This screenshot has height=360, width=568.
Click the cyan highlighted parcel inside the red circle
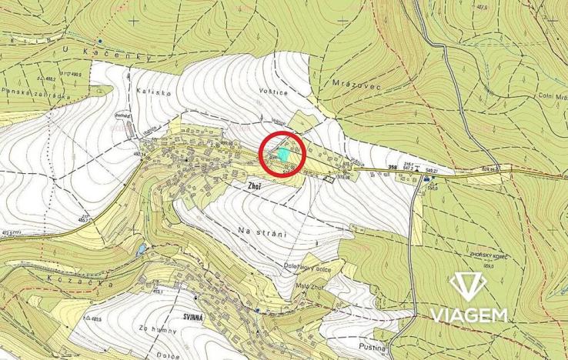pyautogui.click(x=285, y=154)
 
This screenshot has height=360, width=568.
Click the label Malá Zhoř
pyautogui.click(x=310, y=287)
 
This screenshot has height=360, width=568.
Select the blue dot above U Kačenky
pyautogui.click(x=100, y=40)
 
